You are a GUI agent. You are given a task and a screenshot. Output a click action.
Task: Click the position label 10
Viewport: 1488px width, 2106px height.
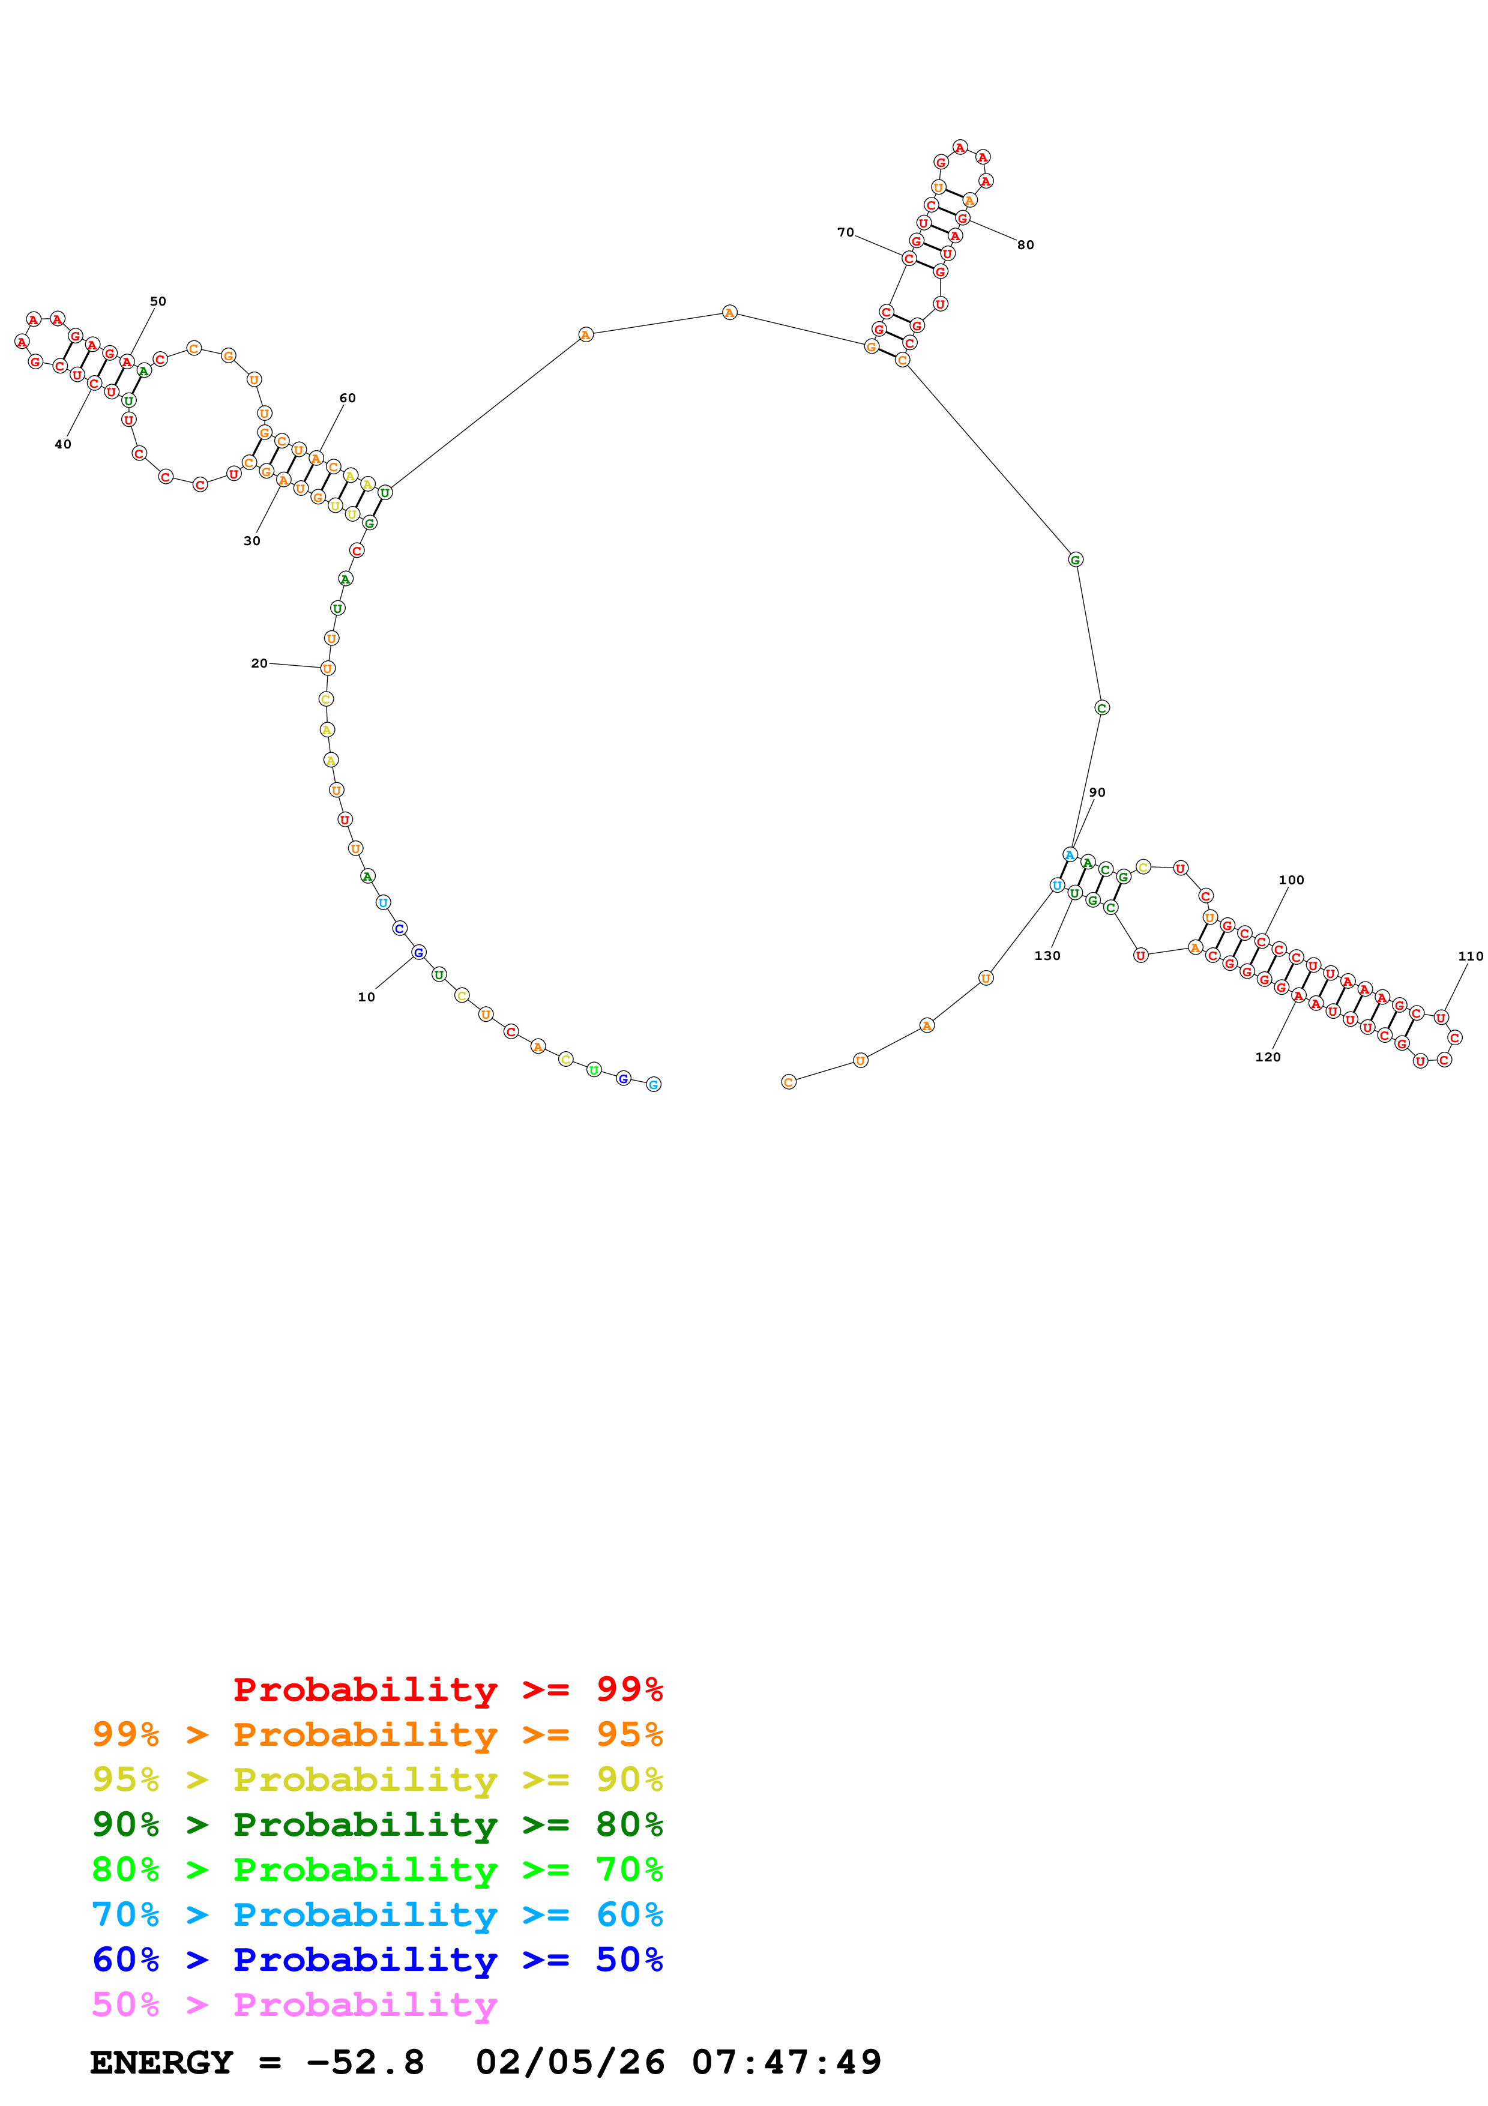[366, 997]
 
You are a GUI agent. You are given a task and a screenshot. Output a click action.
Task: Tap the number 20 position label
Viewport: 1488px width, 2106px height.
[259, 663]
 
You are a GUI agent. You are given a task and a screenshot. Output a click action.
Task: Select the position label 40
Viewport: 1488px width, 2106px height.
[62, 444]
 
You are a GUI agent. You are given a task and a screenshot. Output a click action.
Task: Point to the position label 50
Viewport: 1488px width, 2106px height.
[158, 301]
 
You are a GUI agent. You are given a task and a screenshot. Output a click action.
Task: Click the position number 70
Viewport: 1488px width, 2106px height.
[845, 232]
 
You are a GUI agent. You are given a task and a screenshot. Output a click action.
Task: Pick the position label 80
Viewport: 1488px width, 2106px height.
[1025, 245]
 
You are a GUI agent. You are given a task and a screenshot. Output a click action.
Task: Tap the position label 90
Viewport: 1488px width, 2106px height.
[1097, 792]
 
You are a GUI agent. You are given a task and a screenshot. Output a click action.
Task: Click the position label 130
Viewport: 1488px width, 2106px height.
[1047, 956]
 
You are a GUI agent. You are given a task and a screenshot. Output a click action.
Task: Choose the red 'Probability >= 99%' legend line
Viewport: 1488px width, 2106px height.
[447, 1689]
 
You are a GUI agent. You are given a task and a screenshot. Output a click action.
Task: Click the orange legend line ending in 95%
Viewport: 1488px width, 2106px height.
[377, 1734]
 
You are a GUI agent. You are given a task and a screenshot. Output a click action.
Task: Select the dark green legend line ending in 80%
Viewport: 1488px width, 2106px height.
[377, 1824]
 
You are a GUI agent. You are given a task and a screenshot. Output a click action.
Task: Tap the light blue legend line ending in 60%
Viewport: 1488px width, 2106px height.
[377, 1914]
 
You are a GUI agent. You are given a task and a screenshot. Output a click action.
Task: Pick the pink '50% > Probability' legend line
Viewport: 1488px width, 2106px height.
[294, 2004]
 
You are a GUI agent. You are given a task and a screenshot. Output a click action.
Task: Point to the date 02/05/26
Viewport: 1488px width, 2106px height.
[570, 2062]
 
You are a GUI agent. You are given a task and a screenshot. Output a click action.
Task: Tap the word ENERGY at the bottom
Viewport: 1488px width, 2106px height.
[161, 2062]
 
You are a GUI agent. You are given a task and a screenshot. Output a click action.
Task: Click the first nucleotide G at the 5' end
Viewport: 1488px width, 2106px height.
[654, 1084]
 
